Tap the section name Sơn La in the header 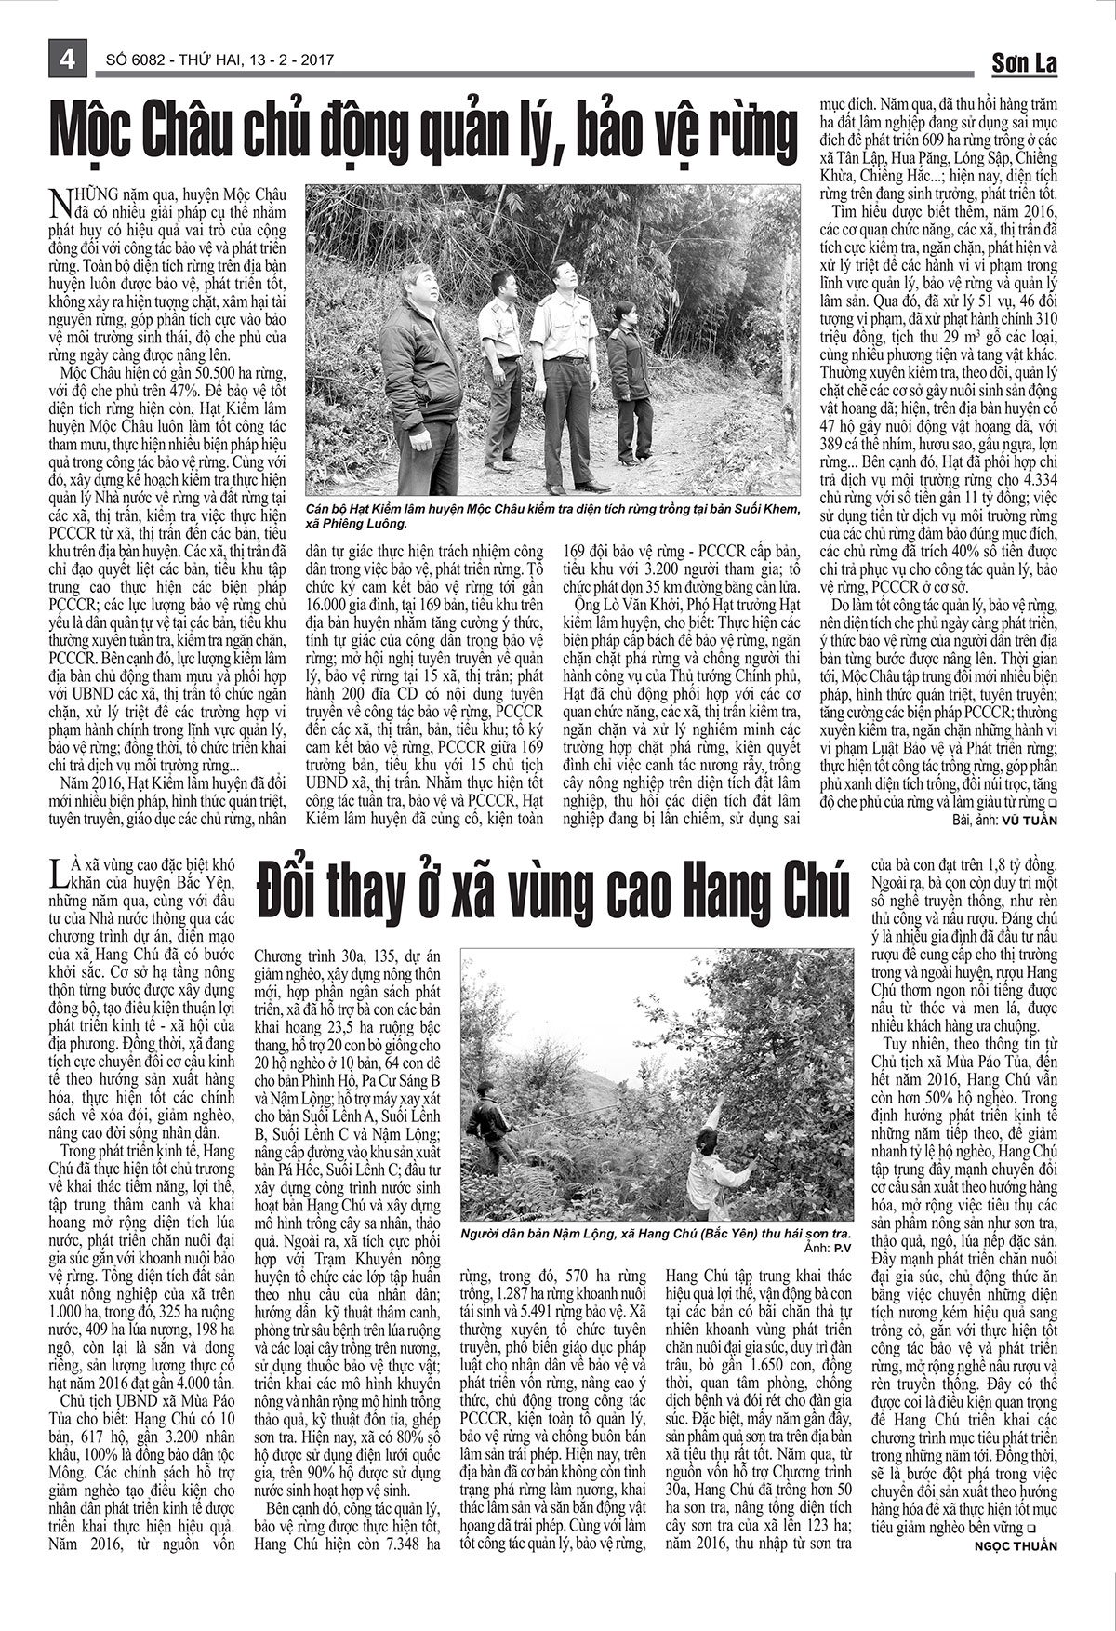[x=1023, y=62]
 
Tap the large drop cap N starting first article [x=57, y=200]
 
